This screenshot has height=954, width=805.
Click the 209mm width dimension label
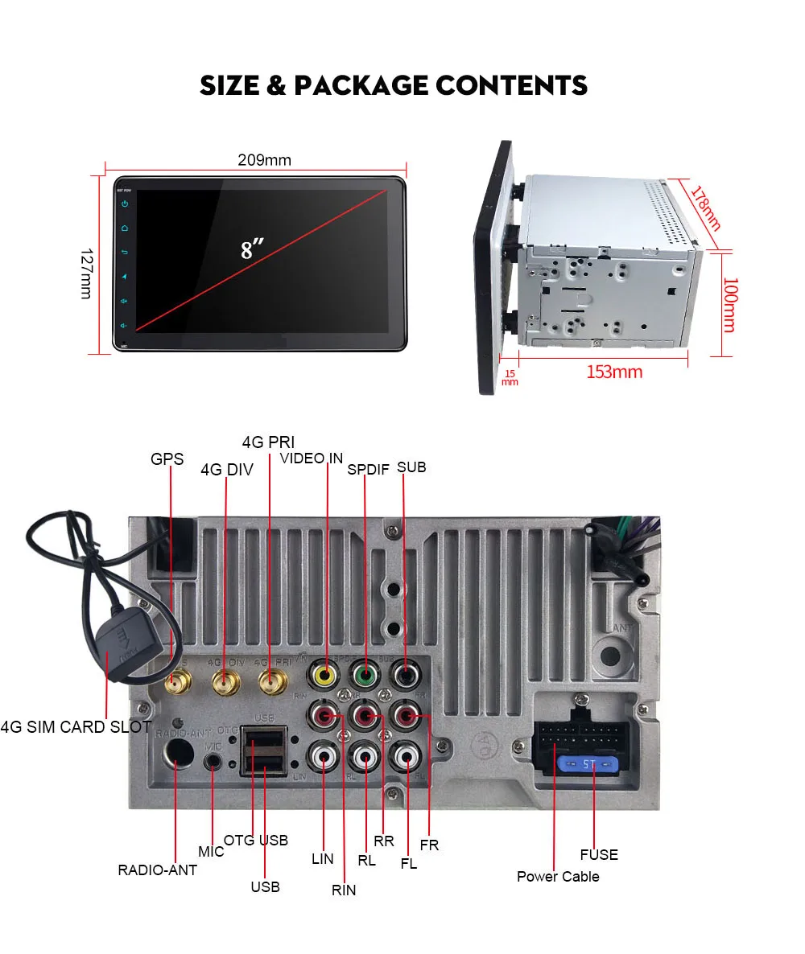click(x=264, y=160)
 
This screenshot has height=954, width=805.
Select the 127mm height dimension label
click(x=86, y=273)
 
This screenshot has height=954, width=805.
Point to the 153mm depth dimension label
click(x=613, y=372)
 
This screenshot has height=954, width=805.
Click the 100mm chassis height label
click(x=729, y=305)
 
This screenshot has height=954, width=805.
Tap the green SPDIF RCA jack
click(x=365, y=674)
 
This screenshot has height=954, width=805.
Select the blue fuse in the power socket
click(x=587, y=763)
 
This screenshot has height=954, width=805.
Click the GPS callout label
click(x=167, y=459)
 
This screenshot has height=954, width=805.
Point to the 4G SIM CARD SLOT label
click(x=76, y=727)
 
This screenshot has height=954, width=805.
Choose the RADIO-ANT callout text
click(x=157, y=870)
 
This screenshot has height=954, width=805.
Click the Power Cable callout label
click(x=558, y=876)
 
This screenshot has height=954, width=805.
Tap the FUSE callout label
click(x=599, y=854)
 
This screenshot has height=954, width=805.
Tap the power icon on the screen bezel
click(x=125, y=204)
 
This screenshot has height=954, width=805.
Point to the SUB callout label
click(x=411, y=467)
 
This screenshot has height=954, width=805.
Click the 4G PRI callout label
click(x=268, y=442)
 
